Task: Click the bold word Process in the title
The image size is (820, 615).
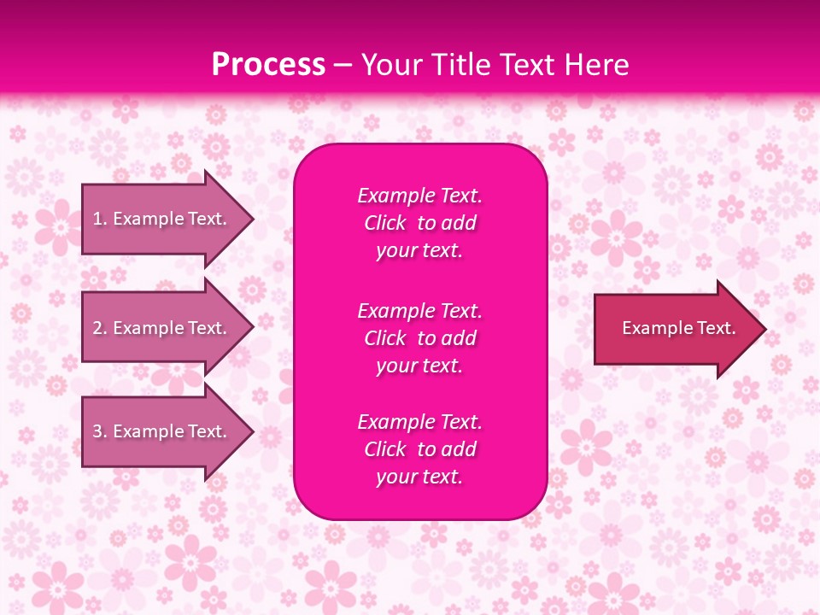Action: coord(268,65)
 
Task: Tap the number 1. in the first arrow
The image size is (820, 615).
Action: coord(100,219)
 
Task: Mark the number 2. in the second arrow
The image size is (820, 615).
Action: coord(100,328)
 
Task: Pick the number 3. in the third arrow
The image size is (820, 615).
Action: coord(100,431)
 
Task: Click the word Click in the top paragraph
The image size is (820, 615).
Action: coord(385,223)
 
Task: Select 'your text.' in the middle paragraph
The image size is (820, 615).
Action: coord(419,366)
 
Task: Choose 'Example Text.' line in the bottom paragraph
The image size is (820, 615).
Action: coord(419,422)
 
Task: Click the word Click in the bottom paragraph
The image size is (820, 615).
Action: coord(385,449)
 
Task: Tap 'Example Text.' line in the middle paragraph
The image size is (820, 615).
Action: coord(419,311)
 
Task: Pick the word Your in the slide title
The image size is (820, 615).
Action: coord(391,65)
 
